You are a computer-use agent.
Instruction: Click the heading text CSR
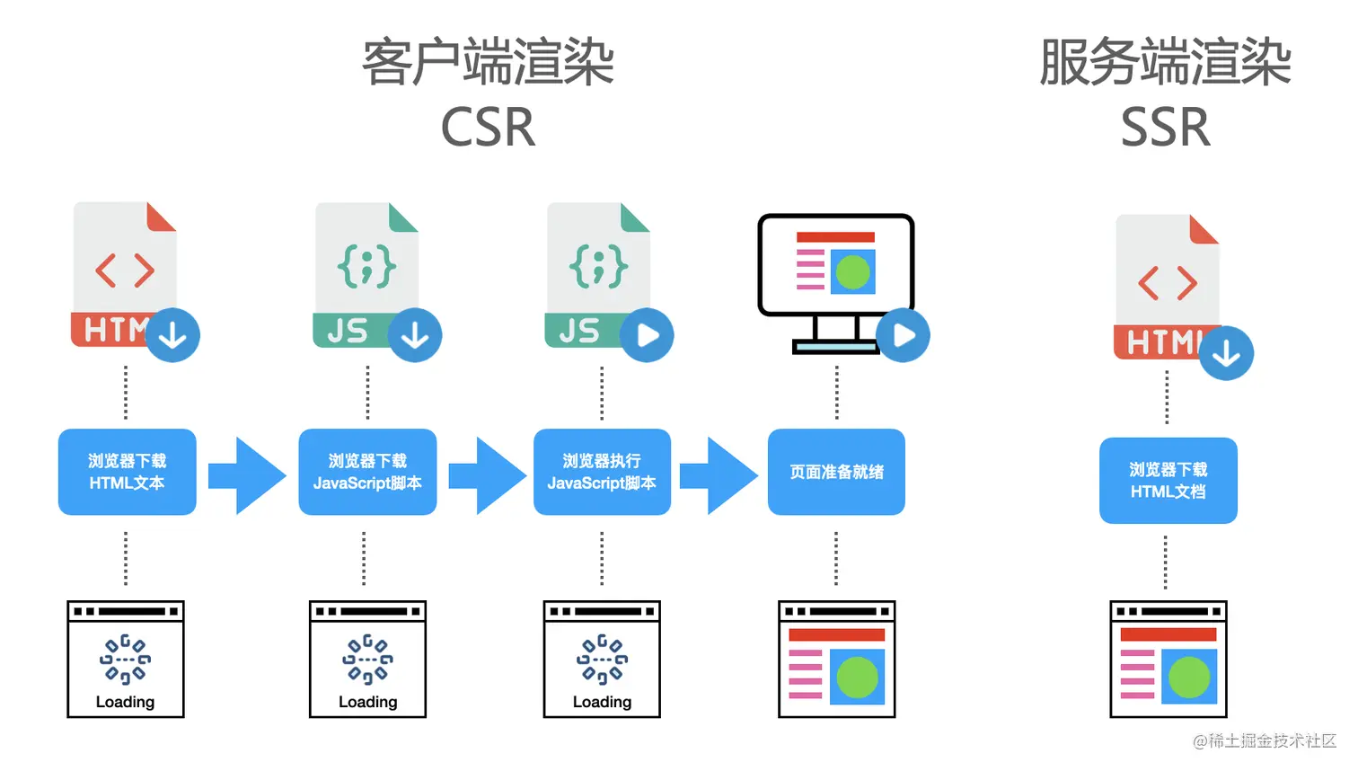(x=488, y=128)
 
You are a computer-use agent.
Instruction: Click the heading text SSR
(x=1165, y=128)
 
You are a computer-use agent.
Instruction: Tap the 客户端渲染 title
(x=488, y=63)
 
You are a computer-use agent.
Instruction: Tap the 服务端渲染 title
(x=1165, y=63)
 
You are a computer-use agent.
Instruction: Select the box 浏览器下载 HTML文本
(x=127, y=472)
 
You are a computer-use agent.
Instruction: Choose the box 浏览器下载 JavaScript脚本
(x=367, y=472)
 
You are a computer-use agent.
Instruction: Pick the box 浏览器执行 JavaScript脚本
(x=602, y=472)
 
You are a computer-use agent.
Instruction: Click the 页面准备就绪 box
(x=836, y=472)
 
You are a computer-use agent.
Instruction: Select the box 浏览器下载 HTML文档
(x=1168, y=481)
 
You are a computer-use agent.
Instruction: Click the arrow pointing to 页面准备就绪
(x=719, y=475)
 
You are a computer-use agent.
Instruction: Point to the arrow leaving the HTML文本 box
(x=247, y=475)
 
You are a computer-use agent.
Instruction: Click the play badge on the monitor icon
(x=903, y=335)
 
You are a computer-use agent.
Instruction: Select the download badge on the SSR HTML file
(x=1226, y=353)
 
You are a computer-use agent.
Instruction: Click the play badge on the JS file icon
(x=646, y=335)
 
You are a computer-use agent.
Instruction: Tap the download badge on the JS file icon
(x=414, y=335)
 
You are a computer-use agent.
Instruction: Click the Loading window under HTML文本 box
(x=126, y=660)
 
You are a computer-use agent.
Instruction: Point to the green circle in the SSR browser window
(x=1189, y=678)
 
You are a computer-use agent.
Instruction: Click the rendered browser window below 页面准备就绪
(x=836, y=660)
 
